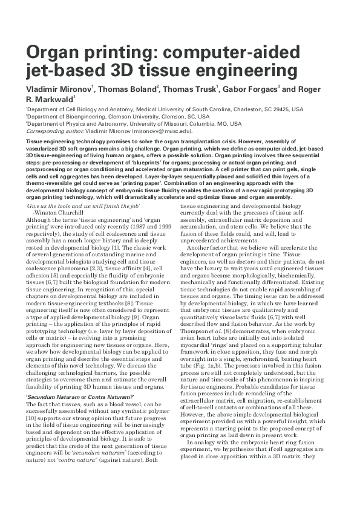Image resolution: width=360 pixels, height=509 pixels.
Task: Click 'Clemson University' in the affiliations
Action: [134, 117]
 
